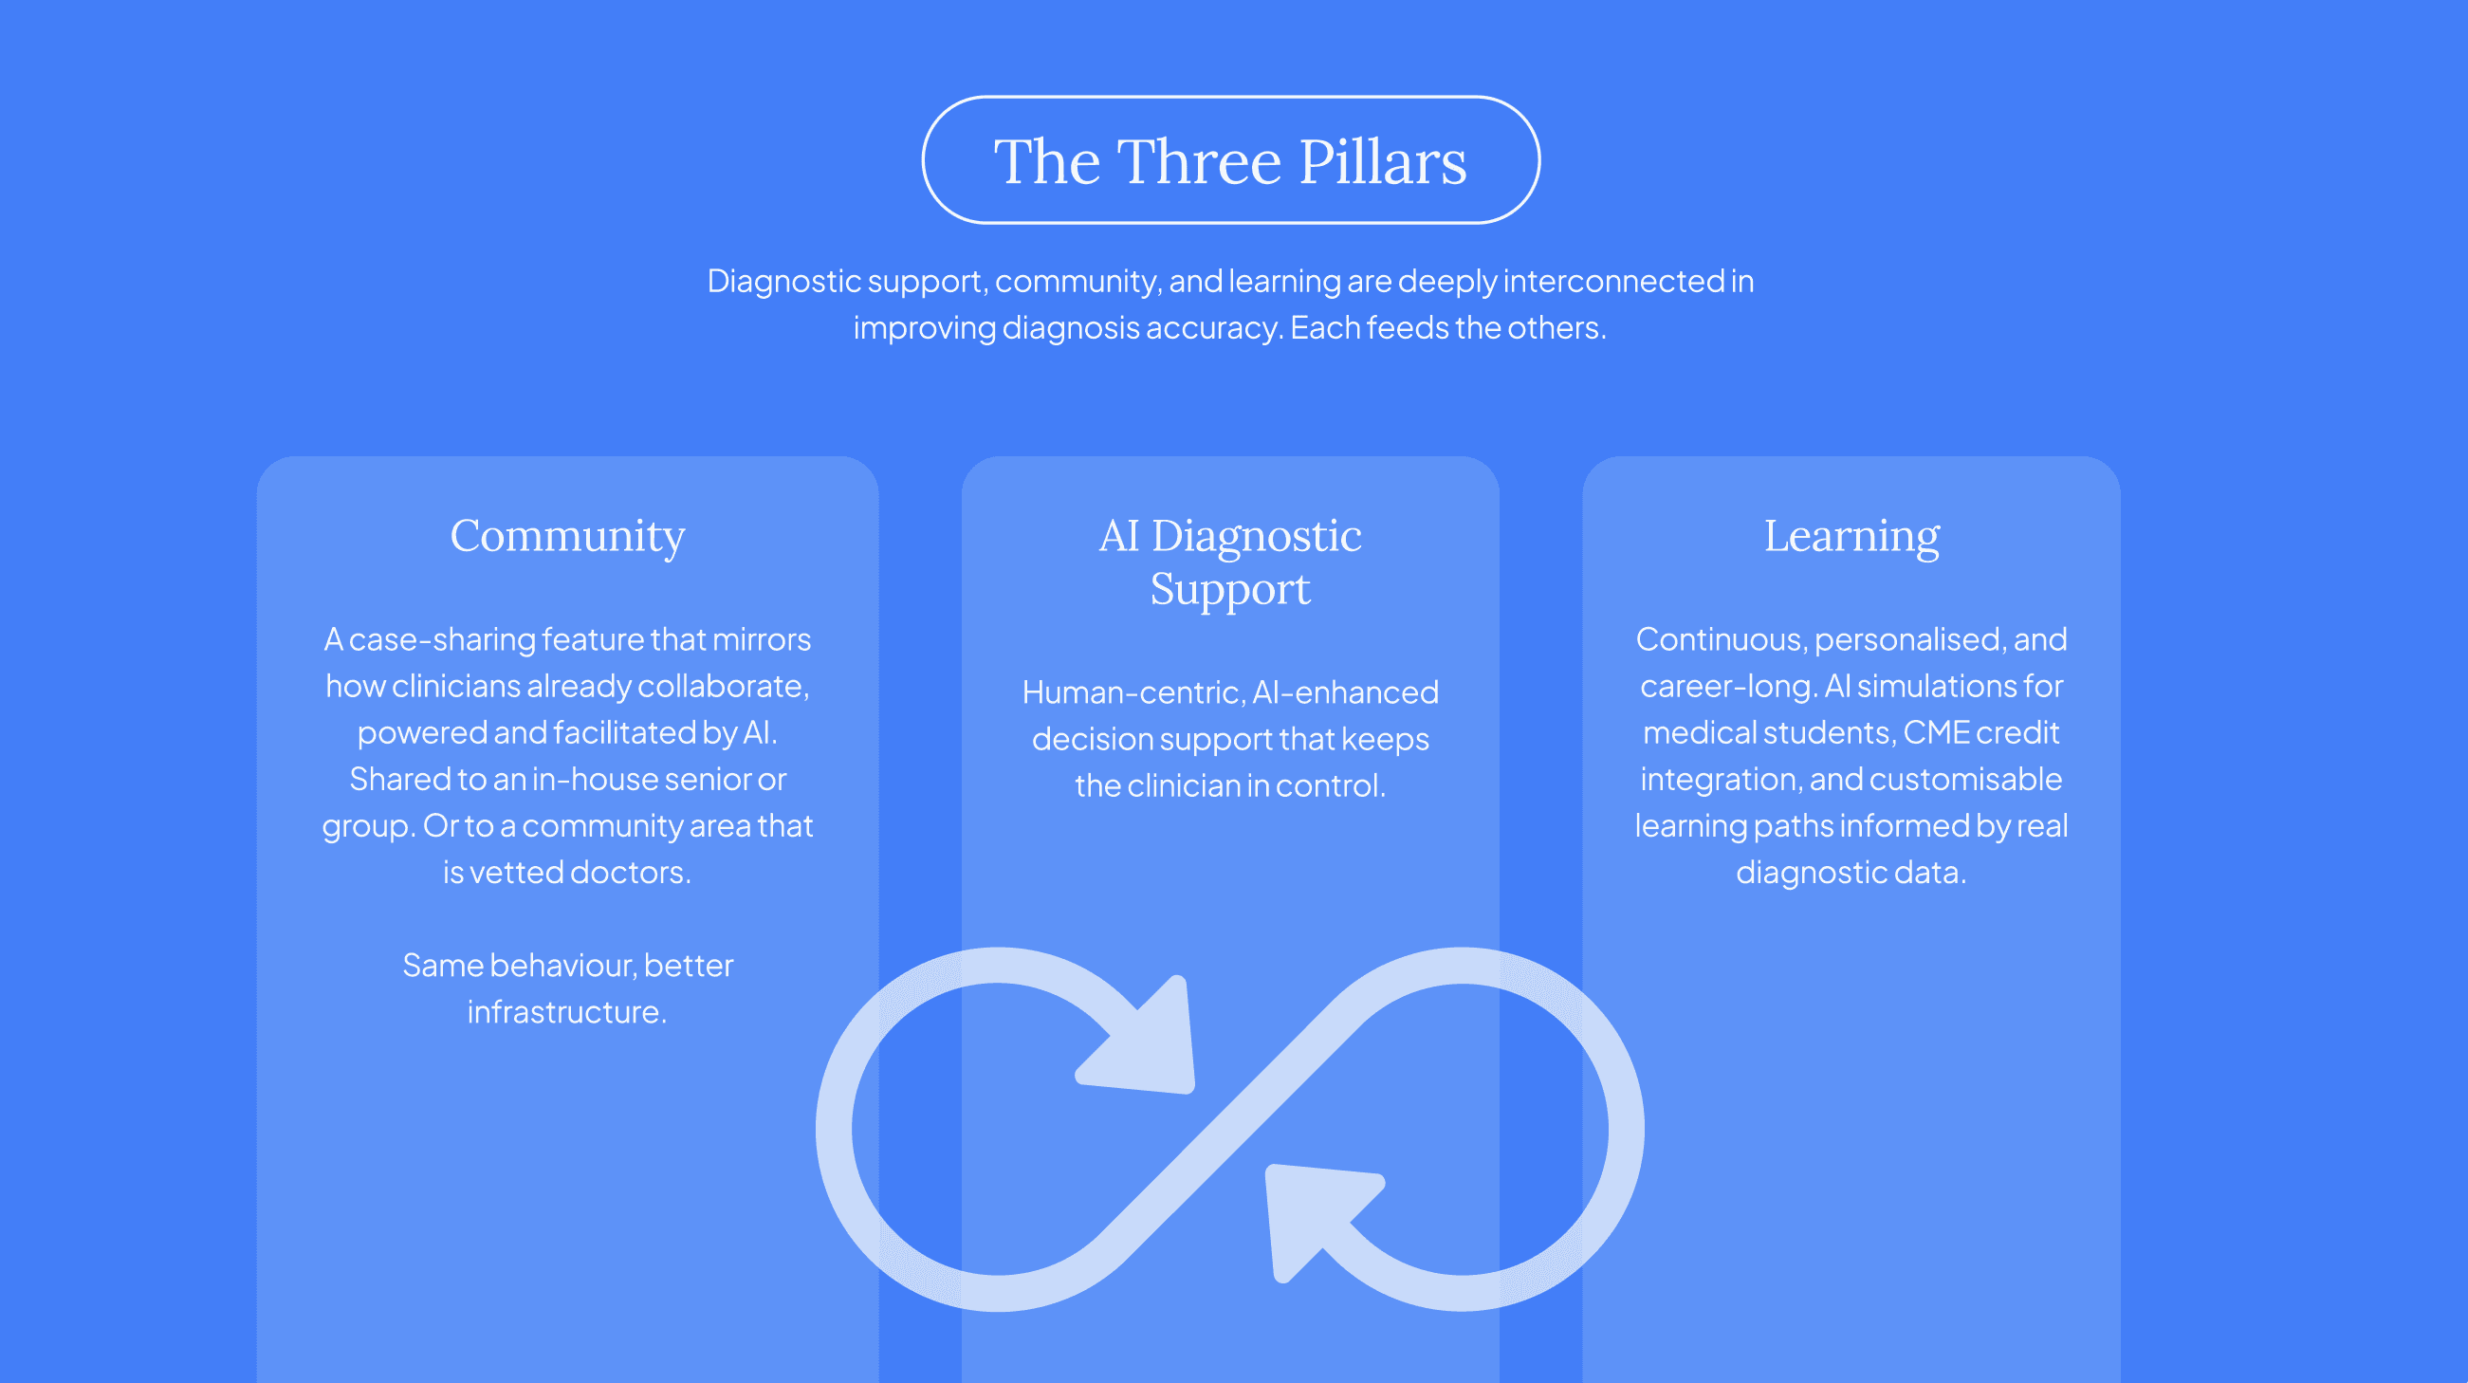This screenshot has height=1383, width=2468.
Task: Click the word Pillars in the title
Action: click(x=1383, y=161)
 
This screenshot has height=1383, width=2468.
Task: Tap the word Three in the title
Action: click(x=1200, y=161)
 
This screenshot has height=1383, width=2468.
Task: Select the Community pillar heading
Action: click(x=567, y=536)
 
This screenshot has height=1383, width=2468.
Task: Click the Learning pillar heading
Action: click(x=1851, y=536)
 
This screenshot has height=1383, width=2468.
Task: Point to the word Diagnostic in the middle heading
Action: click(x=1256, y=536)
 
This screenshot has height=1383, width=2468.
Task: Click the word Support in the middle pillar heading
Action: click(x=1230, y=588)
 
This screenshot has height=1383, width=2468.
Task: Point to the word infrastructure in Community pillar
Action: click(x=566, y=1012)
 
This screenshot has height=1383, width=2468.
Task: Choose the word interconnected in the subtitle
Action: click(x=1613, y=281)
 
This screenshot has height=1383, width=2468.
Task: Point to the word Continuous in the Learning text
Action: click(x=1719, y=639)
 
